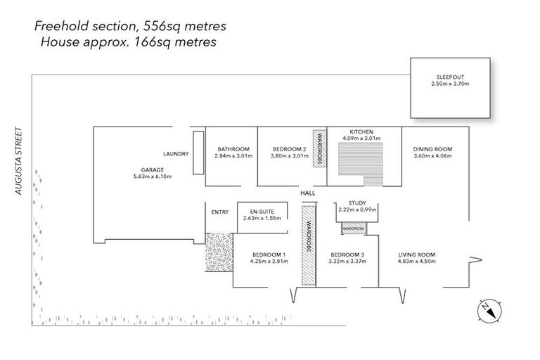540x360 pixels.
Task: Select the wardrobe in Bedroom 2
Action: (x=319, y=149)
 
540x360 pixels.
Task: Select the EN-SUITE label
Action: (x=262, y=212)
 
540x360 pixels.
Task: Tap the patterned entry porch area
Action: (x=219, y=254)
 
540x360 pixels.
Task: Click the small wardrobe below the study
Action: (x=354, y=229)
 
